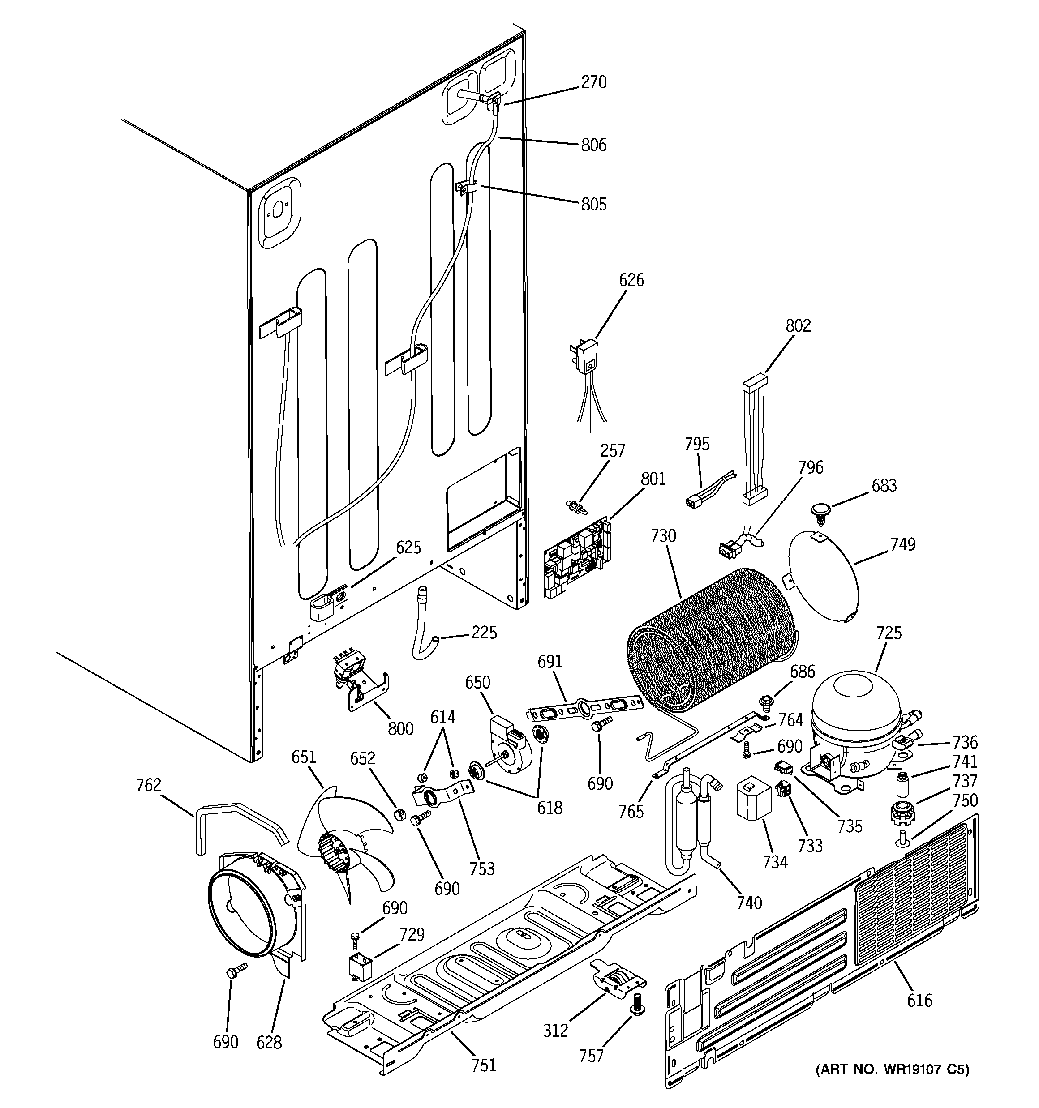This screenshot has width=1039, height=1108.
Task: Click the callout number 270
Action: (593, 82)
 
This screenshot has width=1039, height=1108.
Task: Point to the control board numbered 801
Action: (577, 557)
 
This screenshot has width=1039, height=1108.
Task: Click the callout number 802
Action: (798, 325)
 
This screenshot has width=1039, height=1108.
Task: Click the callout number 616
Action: (919, 1001)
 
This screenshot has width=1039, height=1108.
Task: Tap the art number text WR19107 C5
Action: (892, 1069)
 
